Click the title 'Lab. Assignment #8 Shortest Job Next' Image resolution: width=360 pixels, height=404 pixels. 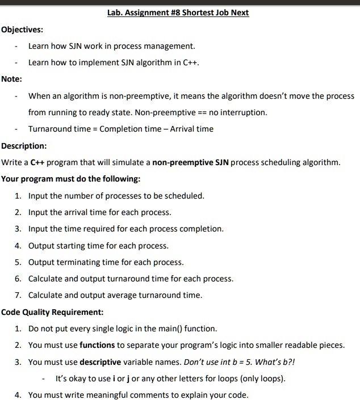178,12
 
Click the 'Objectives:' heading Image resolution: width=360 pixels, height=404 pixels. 22,29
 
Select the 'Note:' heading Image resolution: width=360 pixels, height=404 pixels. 12,79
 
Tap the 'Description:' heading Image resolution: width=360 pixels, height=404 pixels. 24,146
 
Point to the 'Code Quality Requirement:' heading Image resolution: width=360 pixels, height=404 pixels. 52,312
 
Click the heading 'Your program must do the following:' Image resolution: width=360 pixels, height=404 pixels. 71,179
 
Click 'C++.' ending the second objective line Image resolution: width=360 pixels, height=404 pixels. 191,62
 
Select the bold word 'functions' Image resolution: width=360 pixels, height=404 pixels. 97,345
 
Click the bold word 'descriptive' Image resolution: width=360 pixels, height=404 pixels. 101,361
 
